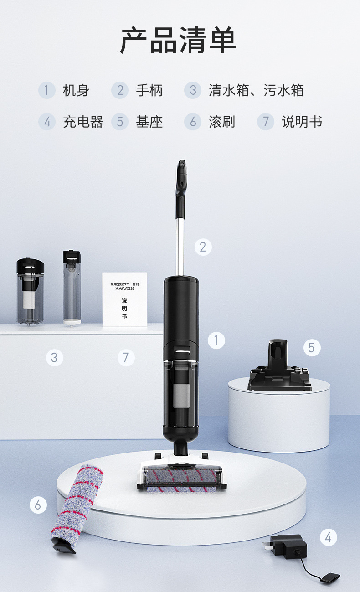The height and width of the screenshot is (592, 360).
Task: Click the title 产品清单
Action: point(178,41)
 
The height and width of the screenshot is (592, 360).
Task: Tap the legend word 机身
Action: point(76,90)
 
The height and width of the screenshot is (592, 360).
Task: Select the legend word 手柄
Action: point(149,90)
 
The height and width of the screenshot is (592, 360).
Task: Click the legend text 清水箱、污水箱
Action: point(256,90)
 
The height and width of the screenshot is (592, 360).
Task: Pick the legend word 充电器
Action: point(83,122)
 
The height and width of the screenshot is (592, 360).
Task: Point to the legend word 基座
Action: point(149,122)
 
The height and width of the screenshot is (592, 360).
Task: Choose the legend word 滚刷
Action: point(222,122)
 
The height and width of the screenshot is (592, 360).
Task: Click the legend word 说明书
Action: point(302,122)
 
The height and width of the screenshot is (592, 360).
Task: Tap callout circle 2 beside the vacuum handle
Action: point(203,247)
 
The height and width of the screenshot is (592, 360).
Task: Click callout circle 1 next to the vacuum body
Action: point(216,340)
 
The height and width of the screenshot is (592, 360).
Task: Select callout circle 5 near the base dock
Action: point(311,348)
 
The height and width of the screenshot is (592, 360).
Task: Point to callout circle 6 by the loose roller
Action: point(38,504)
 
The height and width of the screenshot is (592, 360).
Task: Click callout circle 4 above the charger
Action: point(328,537)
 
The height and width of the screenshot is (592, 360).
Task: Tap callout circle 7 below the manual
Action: point(126,358)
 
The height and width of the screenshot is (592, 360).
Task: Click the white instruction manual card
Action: point(124,299)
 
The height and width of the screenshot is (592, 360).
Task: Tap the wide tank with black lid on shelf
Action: point(31,292)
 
